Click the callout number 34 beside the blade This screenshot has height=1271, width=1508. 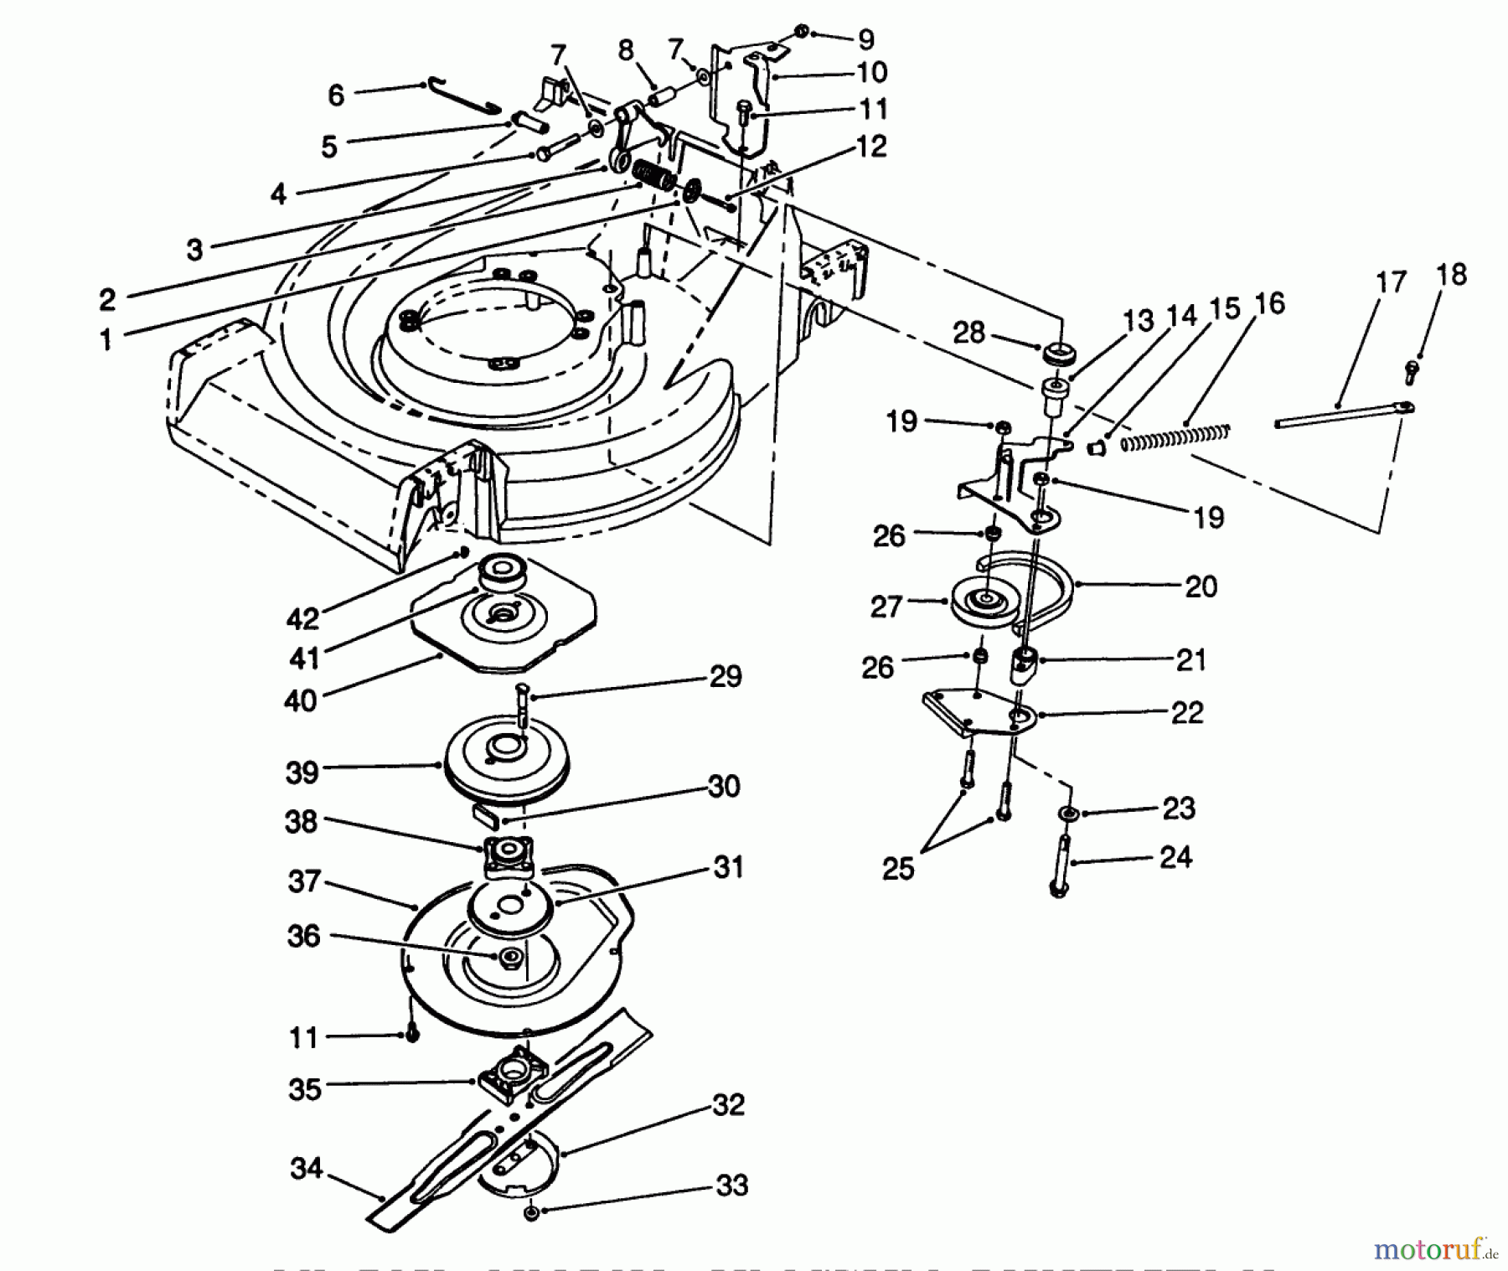(307, 1168)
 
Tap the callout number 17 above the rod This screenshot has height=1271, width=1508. (1392, 282)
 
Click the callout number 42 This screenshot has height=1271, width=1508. (302, 618)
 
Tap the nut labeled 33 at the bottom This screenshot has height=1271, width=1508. (530, 1214)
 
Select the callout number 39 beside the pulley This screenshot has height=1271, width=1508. (302, 772)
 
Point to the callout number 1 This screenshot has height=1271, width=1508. (106, 339)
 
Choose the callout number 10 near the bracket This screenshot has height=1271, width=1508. (871, 73)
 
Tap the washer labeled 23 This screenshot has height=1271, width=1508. (1068, 813)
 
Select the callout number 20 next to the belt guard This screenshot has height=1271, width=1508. (1201, 586)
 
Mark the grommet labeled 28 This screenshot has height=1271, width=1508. (1056, 353)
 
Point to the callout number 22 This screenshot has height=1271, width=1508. (1186, 713)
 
